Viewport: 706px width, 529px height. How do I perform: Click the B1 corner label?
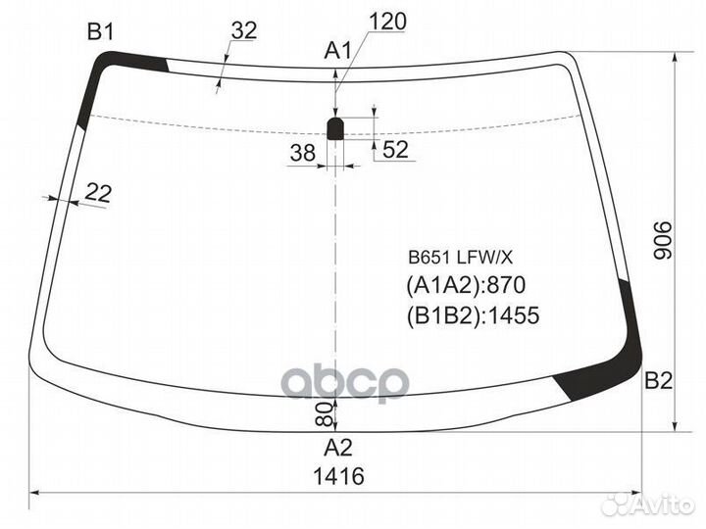[101, 32]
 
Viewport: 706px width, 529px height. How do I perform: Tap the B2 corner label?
[658, 381]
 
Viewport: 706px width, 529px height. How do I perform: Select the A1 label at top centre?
[337, 51]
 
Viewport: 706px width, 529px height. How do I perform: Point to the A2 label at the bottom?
[337, 448]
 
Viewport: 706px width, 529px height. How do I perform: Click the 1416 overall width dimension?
[338, 476]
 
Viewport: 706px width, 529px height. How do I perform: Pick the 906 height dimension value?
[662, 240]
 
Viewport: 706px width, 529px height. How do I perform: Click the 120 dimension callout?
[387, 22]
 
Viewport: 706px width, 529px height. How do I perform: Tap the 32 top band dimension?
[244, 30]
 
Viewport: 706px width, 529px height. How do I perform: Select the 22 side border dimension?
[98, 193]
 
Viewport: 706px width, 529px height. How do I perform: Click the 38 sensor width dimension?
[303, 153]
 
